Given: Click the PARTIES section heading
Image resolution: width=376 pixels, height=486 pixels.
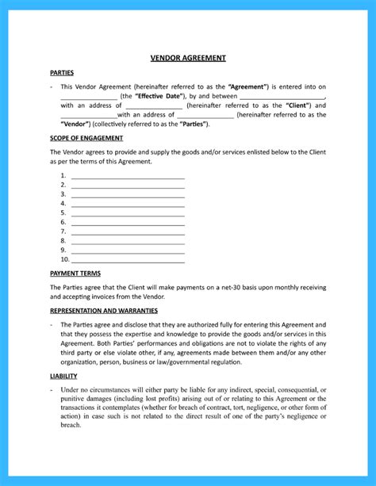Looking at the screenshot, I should coord(62,71).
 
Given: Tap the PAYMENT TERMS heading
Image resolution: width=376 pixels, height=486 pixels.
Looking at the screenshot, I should coord(75,273).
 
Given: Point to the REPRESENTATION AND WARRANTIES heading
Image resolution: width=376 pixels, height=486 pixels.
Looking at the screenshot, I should coord(103,311).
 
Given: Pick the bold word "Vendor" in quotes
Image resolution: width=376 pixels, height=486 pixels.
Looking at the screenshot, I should coord(75,124).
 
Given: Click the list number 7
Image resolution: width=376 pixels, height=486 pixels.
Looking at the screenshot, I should coord(63,231).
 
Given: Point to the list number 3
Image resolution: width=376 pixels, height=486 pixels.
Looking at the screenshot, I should coord(63,193).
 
